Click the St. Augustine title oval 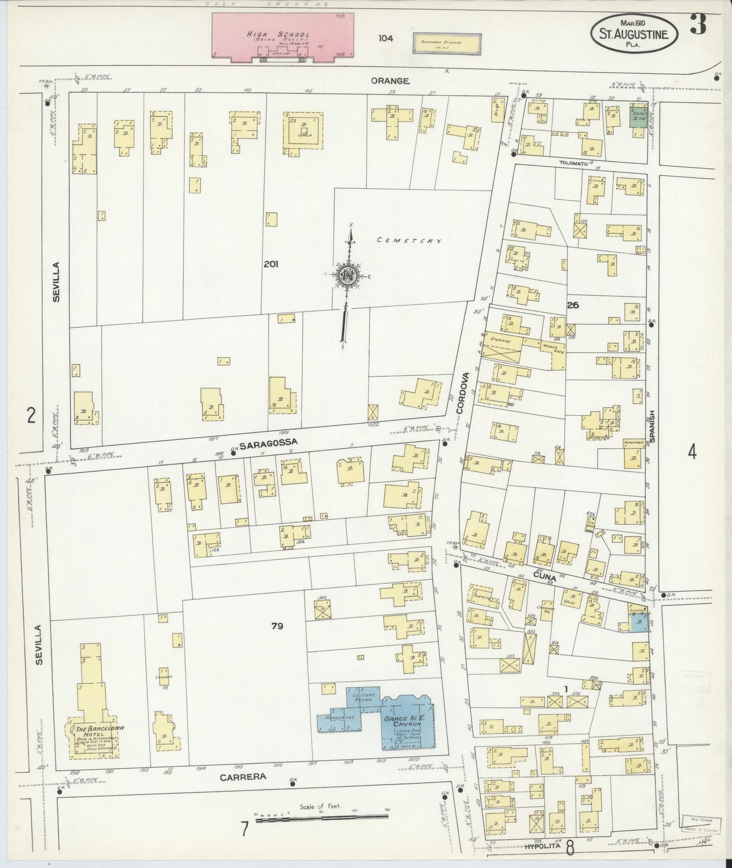635,34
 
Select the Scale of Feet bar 322,818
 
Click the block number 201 271,264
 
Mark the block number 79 277,626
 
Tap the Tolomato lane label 573,164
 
